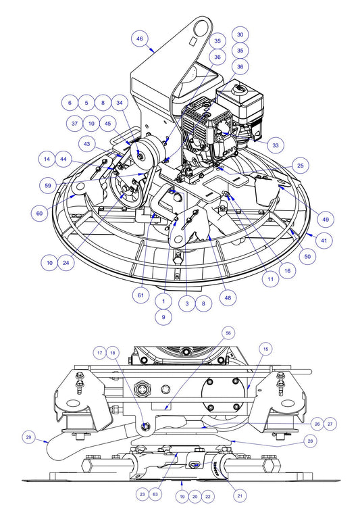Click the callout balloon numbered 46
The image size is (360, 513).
coord(140,40)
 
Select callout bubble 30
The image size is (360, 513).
coord(240,34)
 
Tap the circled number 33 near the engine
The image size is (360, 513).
coord(275,144)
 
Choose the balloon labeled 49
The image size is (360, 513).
coord(325,218)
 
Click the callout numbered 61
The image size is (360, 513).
coord(141,295)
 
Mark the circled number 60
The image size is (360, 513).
coord(41,213)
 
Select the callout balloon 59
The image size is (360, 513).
coord(48,185)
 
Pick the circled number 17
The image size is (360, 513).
coord(99,352)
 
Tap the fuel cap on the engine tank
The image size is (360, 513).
coord(238,89)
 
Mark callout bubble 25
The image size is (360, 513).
coord(300,166)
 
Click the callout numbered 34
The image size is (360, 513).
coord(119,103)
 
